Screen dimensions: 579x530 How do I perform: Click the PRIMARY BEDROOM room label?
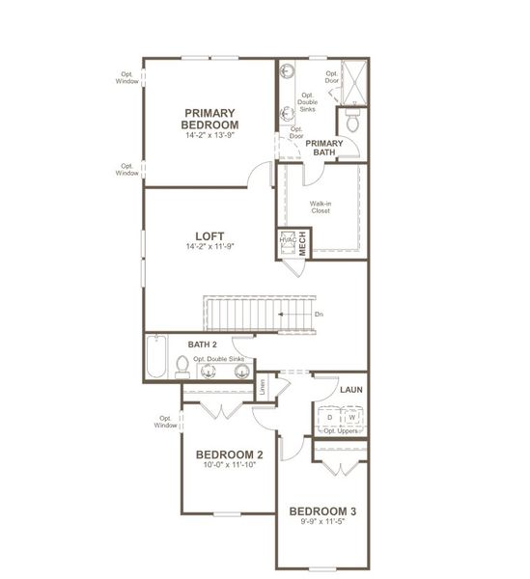click(210, 119)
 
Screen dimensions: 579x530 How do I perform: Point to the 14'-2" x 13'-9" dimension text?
click(210, 136)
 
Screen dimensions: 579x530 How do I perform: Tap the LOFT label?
click(210, 235)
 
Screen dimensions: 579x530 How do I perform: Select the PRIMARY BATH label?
click(324, 147)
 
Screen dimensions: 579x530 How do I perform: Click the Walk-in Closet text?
click(320, 207)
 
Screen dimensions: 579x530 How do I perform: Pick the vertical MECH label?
click(302, 244)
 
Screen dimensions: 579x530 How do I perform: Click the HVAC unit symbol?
click(286, 244)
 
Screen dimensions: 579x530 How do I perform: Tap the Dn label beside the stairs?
click(319, 314)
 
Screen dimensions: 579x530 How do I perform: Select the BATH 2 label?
click(202, 344)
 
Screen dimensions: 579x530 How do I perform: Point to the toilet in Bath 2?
click(182, 365)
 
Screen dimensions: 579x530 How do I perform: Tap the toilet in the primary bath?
click(352, 123)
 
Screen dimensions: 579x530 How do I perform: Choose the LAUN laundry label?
click(350, 389)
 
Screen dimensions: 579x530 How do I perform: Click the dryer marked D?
click(329, 417)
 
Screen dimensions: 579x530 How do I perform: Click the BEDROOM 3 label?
click(323, 510)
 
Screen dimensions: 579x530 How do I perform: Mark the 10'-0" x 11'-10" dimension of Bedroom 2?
click(230, 466)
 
